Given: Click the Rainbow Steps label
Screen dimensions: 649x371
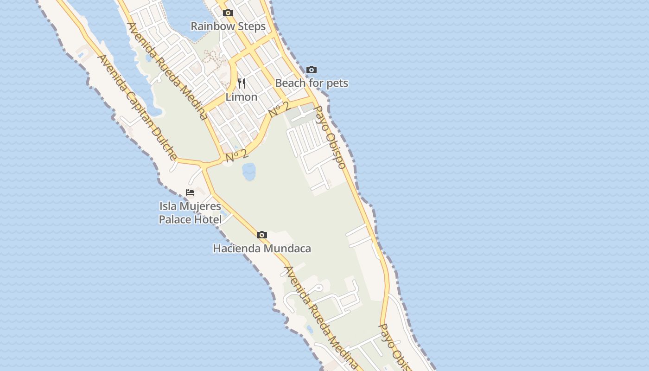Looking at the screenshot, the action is point(228,26).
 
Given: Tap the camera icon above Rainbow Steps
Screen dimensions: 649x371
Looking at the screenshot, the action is point(228,13).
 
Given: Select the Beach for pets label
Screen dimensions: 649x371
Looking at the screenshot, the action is point(312,83).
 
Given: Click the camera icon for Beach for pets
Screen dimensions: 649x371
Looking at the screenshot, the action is point(312,70).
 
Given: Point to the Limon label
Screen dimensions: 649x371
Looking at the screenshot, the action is point(241,97).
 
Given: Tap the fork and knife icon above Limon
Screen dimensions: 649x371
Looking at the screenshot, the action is point(242,84).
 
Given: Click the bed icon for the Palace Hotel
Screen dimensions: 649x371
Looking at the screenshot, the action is point(190,192).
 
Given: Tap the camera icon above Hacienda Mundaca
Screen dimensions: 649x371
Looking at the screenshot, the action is point(262,235).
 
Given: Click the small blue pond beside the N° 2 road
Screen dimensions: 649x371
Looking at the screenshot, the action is point(249,172).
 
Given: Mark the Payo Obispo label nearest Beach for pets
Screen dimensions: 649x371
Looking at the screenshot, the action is point(330,137).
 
